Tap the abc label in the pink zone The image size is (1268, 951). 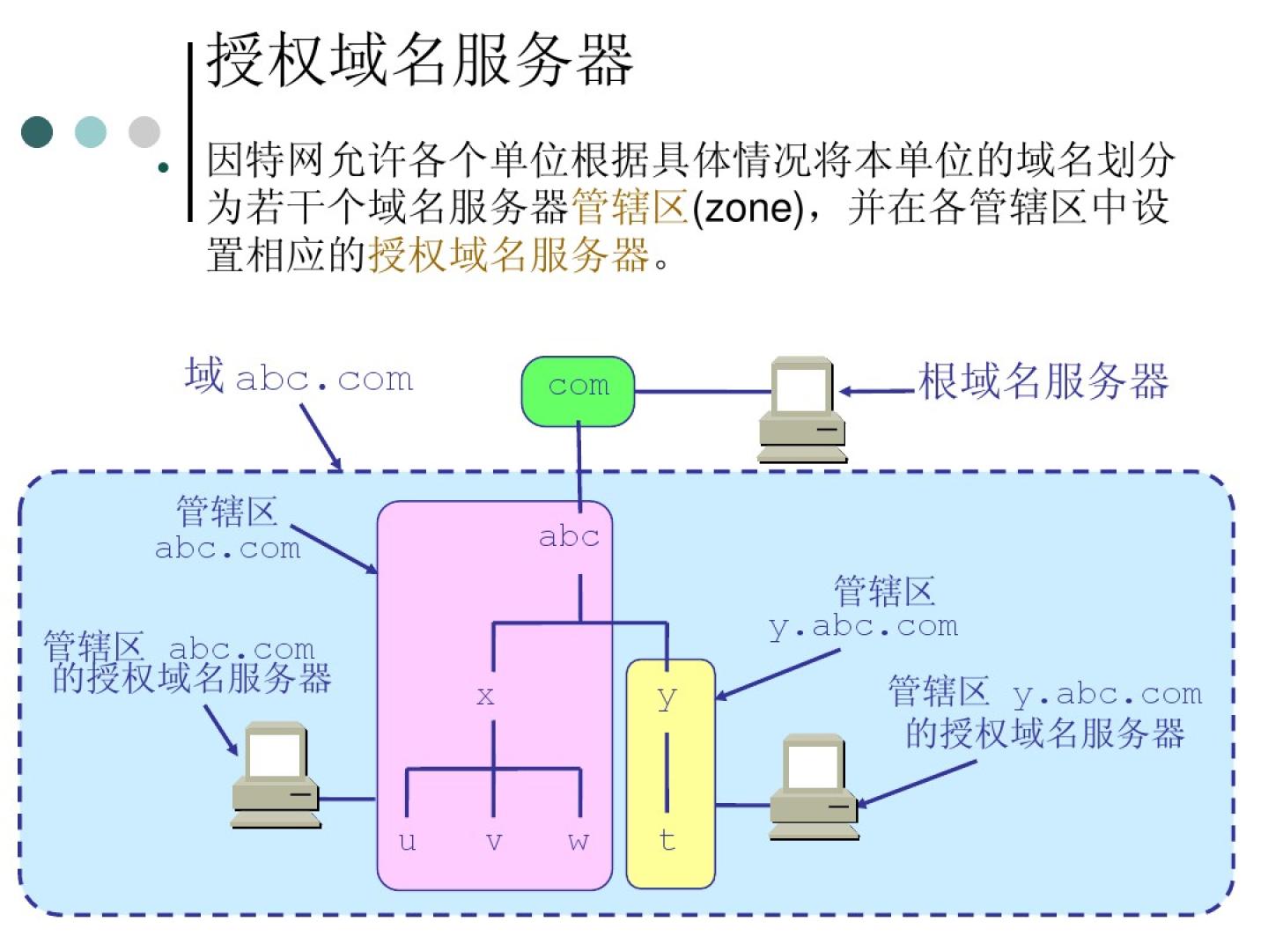[569, 536]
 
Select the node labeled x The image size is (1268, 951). [485, 697]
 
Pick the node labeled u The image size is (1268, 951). [407, 841]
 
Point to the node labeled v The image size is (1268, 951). [494, 842]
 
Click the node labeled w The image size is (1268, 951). [579, 841]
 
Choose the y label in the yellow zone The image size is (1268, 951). [667, 698]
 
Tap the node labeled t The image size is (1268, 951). [667, 839]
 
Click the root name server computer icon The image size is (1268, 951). [802, 409]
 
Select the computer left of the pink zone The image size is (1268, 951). [276, 775]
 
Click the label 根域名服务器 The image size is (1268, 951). [1043, 382]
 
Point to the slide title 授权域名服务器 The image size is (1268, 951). [420, 60]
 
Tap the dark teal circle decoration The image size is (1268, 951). [38, 132]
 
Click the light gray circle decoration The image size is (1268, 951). [144, 132]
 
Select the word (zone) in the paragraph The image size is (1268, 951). [748, 209]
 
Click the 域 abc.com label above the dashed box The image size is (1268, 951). [299, 377]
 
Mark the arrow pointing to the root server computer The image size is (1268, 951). [877, 391]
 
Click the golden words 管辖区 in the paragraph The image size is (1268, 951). [630, 209]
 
